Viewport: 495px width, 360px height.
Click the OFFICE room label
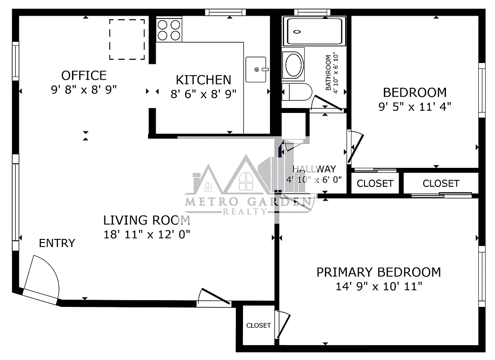(x=84, y=75)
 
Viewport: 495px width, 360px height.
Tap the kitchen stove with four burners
(x=169, y=30)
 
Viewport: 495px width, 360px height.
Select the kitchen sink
(x=256, y=69)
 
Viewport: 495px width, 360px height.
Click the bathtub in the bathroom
(x=316, y=31)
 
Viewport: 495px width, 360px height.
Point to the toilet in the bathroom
(x=297, y=92)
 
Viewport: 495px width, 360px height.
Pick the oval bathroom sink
(x=293, y=64)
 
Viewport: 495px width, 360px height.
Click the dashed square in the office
(x=127, y=39)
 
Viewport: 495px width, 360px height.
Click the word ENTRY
(x=57, y=243)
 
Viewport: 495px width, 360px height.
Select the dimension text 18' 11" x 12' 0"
(x=147, y=234)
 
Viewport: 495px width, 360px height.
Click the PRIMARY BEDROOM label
(x=378, y=272)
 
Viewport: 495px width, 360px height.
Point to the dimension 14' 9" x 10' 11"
(x=378, y=286)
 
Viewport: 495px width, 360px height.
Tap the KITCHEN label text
(x=203, y=80)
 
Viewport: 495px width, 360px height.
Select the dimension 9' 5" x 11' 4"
(x=414, y=107)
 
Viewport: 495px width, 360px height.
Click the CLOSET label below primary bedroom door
(x=259, y=325)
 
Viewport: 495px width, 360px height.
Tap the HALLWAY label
(x=314, y=169)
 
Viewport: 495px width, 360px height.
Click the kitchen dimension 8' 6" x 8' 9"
(x=203, y=94)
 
